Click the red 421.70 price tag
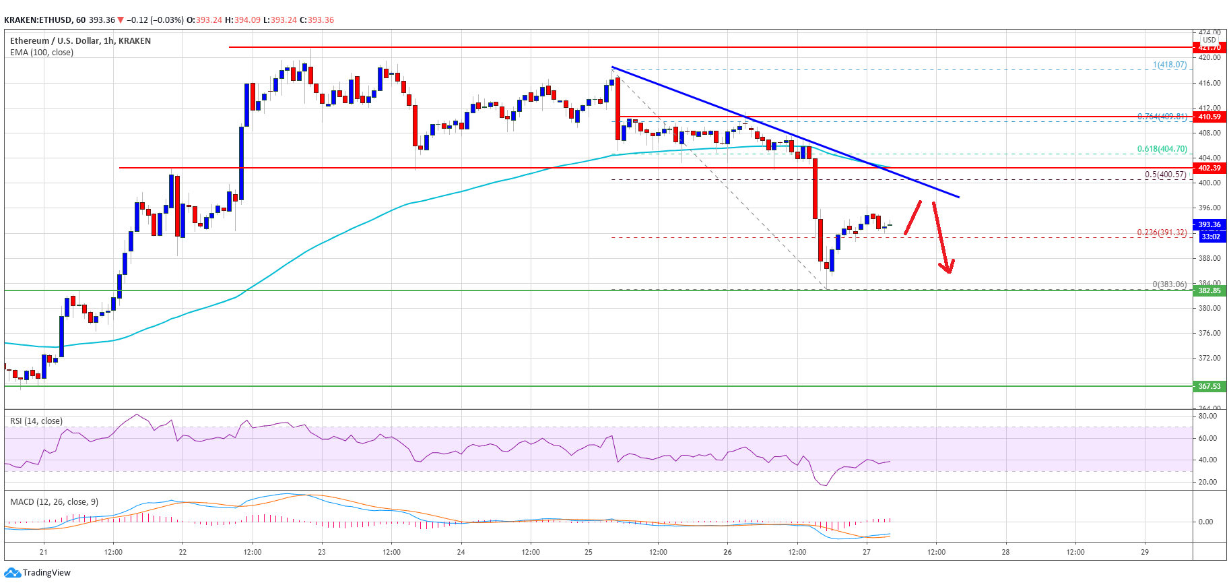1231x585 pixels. point(1209,47)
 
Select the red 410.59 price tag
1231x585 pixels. point(1209,117)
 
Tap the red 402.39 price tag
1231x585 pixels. point(1209,168)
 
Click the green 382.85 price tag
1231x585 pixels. point(1209,290)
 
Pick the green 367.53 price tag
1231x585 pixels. point(1209,386)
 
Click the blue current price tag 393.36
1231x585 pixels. point(1209,224)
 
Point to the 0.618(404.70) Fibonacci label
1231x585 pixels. point(1162,150)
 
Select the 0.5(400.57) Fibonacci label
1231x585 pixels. point(1165,175)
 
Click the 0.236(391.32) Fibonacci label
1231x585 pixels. point(1162,233)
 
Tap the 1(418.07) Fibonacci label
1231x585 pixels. point(1170,65)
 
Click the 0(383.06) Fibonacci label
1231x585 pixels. point(1169,284)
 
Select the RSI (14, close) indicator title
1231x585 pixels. point(36,421)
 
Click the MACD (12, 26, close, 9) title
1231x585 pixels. point(54,502)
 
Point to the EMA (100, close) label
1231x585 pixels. point(42,53)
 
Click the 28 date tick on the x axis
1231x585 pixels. point(1005,552)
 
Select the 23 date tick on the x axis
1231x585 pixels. point(322,552)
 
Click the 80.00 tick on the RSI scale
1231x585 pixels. point(1207,416)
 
